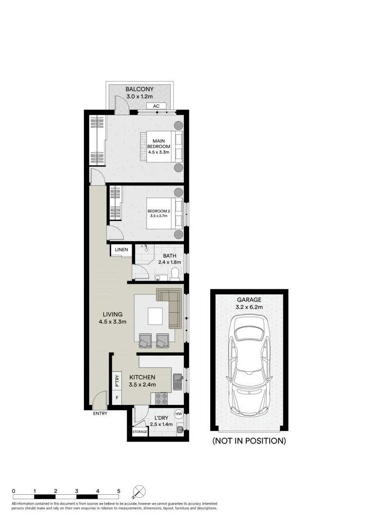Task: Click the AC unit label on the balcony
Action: point(157,106)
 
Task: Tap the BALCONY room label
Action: point(139,93)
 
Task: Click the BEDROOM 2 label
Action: point(158,214)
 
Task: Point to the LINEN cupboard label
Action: point(121,250)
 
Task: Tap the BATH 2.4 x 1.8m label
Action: point(169,259)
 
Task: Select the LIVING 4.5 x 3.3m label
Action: point(112,318)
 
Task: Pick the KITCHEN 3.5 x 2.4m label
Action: point(142,381)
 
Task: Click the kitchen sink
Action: point(177,381)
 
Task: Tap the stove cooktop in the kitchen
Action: point(162,399)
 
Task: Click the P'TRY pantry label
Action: point(117,380)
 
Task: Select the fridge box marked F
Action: point(117,398)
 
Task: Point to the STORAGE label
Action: point(139,432)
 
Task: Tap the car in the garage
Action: point(249,365)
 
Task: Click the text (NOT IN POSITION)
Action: point(249,441)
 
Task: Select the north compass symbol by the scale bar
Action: point(139,491)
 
